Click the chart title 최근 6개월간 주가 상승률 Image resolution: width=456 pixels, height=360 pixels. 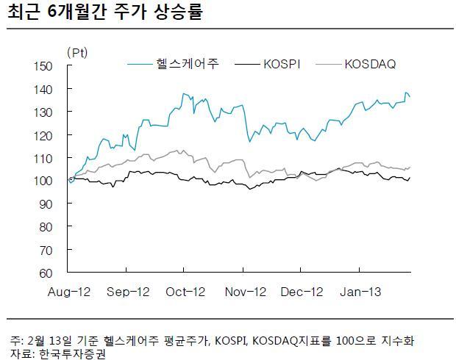[x=104, y=12]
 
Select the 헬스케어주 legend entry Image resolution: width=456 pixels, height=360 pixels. [x=173, y=64]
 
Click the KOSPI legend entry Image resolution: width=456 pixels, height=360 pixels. [x=267, y=64]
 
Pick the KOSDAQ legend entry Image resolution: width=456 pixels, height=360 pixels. [x=356, y=64]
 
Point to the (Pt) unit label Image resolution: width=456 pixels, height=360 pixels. [x=77, y=53]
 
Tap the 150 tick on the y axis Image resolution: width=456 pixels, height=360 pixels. [x=43, y=66]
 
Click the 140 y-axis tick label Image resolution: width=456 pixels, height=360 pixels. [x=43, y=90]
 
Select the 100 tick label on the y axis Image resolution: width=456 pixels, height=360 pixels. [x=43, y=181]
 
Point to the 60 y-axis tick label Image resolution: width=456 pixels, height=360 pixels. [x=46, y=273]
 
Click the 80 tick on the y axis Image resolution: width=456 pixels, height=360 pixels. [x=46, y=227]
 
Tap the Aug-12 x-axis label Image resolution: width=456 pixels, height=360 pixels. [x=69, y=292]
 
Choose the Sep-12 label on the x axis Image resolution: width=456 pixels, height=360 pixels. [x=128, y=292]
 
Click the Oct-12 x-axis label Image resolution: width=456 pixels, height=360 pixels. [x=185, y=292]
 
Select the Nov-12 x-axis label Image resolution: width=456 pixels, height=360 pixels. [x=246, y=292]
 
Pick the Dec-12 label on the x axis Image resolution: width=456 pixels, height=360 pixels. [x=302, y=292]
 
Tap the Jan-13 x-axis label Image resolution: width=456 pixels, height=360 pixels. [x=360, y=292]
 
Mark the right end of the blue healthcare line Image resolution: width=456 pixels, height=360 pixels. [x=410, y=97]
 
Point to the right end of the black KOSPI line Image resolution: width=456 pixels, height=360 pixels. [x=410, y=178]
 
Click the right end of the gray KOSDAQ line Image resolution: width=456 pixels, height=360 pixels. [x=410, y=167]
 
